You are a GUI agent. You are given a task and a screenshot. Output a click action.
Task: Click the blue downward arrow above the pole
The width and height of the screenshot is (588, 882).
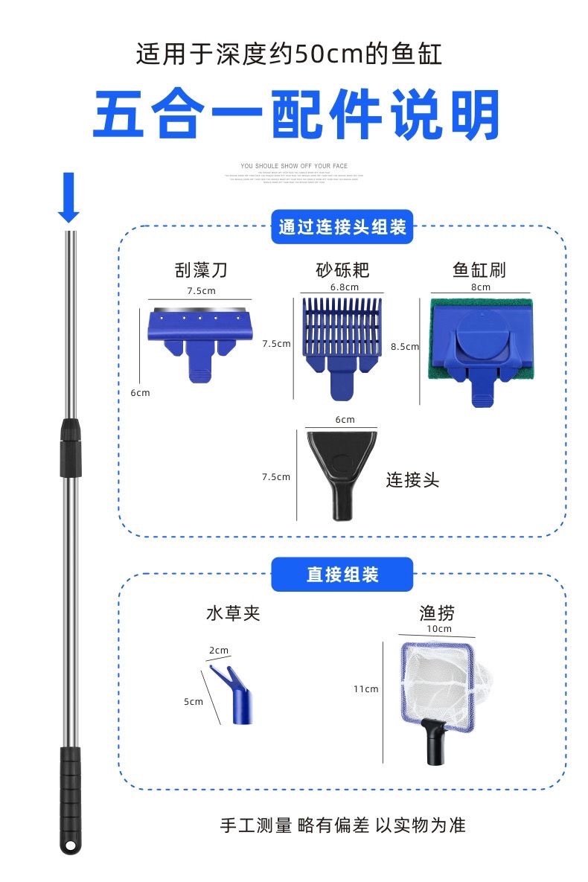(68, 197)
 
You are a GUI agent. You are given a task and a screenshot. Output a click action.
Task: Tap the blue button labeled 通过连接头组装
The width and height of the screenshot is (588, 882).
(342, 227)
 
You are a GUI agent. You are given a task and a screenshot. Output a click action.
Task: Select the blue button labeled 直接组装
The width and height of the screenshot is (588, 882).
(342, 575)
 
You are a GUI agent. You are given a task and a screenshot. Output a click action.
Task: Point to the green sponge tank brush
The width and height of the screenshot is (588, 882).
(480, 342)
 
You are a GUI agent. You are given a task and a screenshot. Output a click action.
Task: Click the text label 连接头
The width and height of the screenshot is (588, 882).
(412, 480)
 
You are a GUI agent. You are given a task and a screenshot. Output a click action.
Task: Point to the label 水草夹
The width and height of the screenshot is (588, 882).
(233, 614)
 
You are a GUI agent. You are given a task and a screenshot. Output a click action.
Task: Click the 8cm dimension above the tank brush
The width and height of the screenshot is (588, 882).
(481, 287)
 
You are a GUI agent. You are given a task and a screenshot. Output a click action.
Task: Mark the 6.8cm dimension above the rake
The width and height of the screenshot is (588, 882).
(344, 287)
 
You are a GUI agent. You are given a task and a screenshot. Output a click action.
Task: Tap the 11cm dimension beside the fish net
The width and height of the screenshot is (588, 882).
(365, 689)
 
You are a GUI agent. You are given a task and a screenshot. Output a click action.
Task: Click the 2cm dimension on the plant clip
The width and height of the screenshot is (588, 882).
(219, 651)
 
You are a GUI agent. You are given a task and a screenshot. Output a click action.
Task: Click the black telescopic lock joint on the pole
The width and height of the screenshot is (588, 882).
(70, 447)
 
